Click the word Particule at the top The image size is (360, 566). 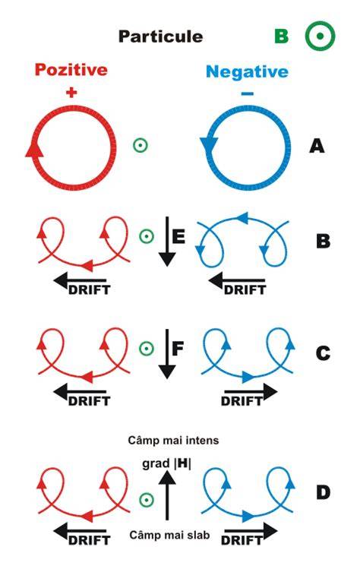coord(160,36)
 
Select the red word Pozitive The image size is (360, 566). coord(71,69)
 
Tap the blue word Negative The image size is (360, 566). coord(247,71)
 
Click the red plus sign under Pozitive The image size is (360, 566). coord(71,93)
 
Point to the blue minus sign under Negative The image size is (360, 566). coord(248,94)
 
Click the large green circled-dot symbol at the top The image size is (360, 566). coord(320,36)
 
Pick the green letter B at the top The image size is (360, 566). coord(281,36)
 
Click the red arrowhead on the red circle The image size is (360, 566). coord(34,148)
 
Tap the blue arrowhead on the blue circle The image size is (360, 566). coord(209,144)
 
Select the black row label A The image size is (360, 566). coord(317,146)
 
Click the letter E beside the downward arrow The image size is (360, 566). coord(179,236)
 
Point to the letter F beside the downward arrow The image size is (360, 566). coord(178,349)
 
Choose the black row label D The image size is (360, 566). coord(323,493)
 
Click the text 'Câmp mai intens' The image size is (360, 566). coord(173,441)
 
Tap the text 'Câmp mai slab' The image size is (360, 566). coord(169,535)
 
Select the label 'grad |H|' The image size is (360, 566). coord(166,463)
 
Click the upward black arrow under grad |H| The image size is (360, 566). coord(166,495)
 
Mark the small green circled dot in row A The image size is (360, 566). coord(141,145)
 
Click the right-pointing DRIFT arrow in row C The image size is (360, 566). coord(251,392)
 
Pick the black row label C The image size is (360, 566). coord(323,353)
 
